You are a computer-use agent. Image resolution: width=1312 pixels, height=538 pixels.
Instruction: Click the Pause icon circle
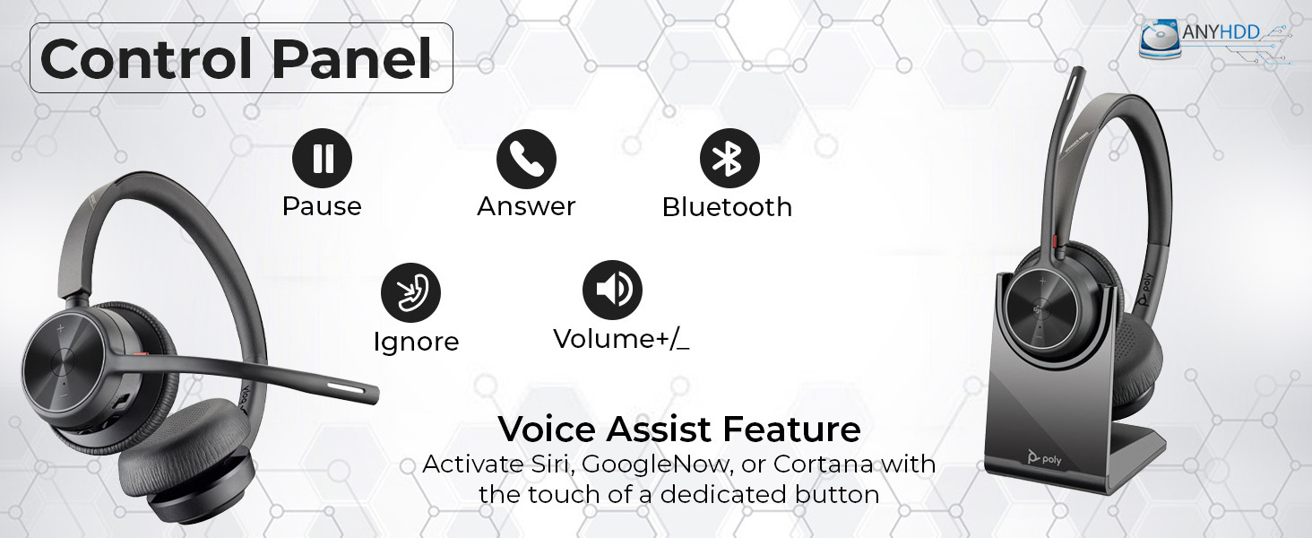pos(322,158)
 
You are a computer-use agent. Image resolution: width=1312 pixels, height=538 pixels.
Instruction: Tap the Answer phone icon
pos(526,159)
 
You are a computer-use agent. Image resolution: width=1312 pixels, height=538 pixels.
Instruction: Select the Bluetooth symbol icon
pos(729,158)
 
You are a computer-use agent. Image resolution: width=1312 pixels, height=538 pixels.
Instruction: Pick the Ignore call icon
pos(410,292)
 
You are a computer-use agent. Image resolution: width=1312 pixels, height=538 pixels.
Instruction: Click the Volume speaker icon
pos(612,290)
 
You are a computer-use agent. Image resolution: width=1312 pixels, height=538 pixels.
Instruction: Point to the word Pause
pos(322,206)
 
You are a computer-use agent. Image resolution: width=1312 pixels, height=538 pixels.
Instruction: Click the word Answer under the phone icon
pos(526,206)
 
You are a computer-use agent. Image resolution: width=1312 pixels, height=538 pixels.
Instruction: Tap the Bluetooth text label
pos(727,207)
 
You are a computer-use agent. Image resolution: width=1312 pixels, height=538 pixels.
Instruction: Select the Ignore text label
pos(416,342)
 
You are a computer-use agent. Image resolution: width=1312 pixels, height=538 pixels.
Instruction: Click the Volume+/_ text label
pos(621,339)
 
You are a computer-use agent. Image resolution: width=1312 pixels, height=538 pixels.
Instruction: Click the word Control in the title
pos(146,58)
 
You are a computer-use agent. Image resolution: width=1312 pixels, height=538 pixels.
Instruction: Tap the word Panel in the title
pos(352,58)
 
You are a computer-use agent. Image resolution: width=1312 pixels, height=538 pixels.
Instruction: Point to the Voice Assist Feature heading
pos(679,429)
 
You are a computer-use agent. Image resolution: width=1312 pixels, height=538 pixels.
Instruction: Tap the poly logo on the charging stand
pos(1044,458)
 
